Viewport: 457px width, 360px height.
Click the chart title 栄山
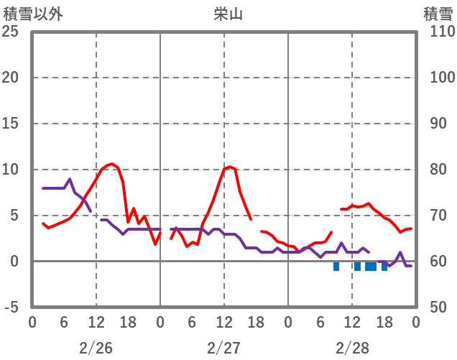pyautogui.click(x=228, y=14)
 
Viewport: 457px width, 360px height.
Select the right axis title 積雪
pyautogui.click(x=438, y=14)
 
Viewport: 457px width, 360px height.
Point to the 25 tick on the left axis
pyautogui.click(x=10, y=32)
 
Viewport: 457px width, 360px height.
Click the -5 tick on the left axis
pyautogui.click(x=11, y=308)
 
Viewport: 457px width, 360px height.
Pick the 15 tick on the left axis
pyautogui.click(x=10, y=124)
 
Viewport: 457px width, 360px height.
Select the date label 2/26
pyautogui.click(x=96, y=348)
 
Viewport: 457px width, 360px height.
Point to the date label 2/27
pyautogui.click(x=223, y=348)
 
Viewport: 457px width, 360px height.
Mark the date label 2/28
pyautogui.click(x=351, y=348)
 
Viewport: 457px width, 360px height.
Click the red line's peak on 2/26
pyautogui.click(x=111, y=164)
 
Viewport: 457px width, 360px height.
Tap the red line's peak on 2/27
pyautogui.click(x=229, y=167)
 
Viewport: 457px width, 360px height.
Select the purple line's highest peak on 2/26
pyautogui.click(x=70, y=179)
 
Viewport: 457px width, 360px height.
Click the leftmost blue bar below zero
pyautogui.click(x=336, y=266)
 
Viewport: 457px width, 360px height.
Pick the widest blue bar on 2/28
pyautogui.click(x=371, y=266)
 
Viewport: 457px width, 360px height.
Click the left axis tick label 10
pyautogui.click(x=10, y=170)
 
